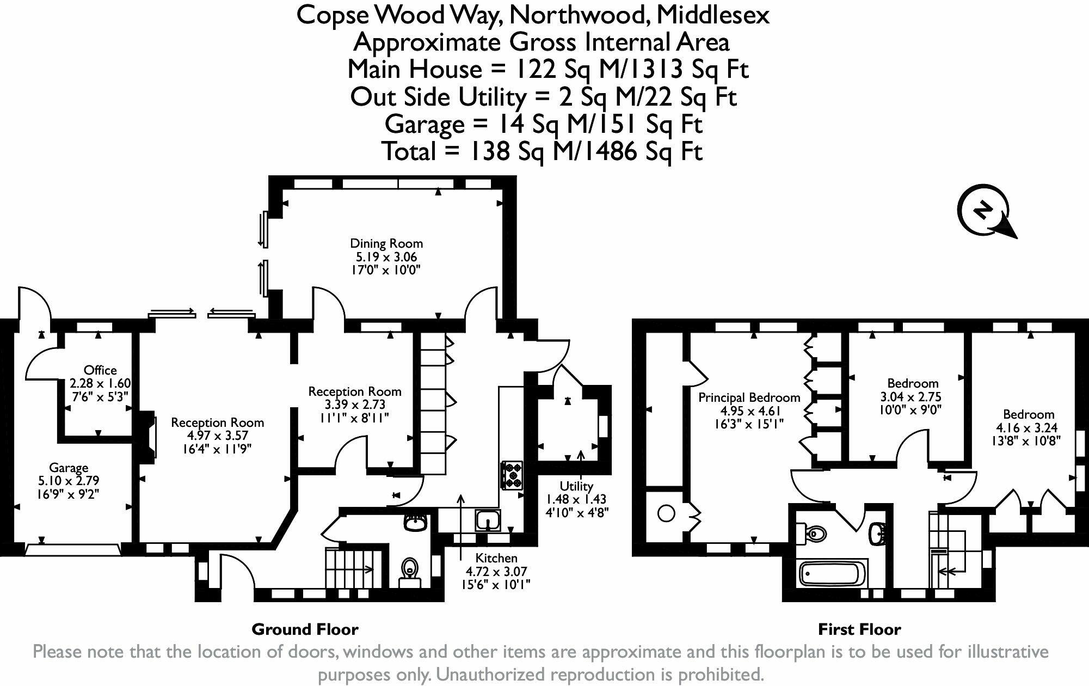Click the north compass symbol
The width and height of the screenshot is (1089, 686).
[986, 212]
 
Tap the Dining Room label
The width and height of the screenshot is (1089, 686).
[386, 243]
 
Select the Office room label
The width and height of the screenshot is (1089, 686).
[100, 370]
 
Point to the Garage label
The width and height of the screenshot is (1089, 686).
[69, 468]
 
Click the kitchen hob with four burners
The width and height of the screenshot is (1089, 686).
[512, 475]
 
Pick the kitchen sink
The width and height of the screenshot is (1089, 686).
[488, 520]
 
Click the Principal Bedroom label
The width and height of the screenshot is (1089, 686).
[749, 397]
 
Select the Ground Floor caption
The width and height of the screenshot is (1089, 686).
[305, 630]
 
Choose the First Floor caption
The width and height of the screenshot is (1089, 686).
[859, 630]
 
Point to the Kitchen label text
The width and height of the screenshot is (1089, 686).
[496, 558]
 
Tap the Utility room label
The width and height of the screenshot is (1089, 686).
[576, 486]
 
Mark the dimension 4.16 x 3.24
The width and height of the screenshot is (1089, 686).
[1029, 427]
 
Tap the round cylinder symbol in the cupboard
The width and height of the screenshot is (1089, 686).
[667, 513]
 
